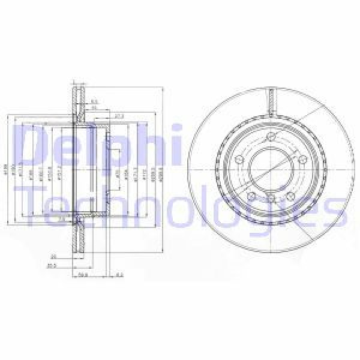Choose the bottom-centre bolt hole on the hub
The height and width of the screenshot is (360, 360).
pos(272,199)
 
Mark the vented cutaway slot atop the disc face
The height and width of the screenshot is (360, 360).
pos(272,99)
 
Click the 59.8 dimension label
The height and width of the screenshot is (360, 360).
pos(83,277)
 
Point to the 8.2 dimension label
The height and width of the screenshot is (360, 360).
pos(120,277)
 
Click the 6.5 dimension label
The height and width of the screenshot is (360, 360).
pos(95,102)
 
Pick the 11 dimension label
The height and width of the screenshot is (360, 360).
pos(94,109)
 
